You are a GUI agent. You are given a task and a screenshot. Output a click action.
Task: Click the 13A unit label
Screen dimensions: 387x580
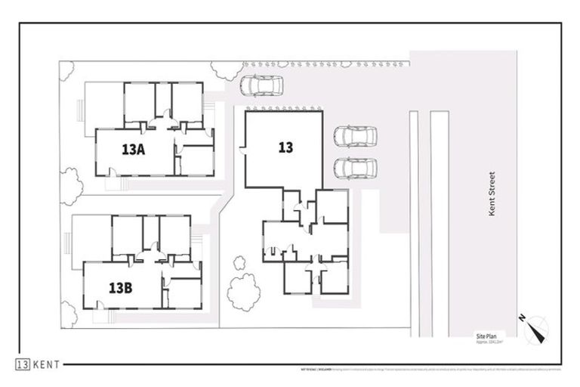(133, 150)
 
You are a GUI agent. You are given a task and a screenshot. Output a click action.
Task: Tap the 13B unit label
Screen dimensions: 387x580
(121, 288)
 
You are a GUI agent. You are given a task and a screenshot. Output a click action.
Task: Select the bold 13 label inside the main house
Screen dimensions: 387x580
(285, 148)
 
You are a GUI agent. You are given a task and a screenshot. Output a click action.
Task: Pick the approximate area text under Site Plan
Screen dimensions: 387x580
(489, 341)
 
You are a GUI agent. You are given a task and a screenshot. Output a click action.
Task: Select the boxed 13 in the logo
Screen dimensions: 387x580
(23, 364)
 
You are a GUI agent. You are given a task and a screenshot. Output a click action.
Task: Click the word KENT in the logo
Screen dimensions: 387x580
(48, 364)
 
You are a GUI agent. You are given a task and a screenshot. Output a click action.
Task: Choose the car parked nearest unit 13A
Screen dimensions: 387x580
(261, 86)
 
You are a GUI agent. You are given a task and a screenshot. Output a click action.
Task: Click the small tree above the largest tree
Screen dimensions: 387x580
(239, 263)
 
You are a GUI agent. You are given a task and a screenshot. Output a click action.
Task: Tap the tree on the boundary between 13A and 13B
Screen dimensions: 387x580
(70, 185)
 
